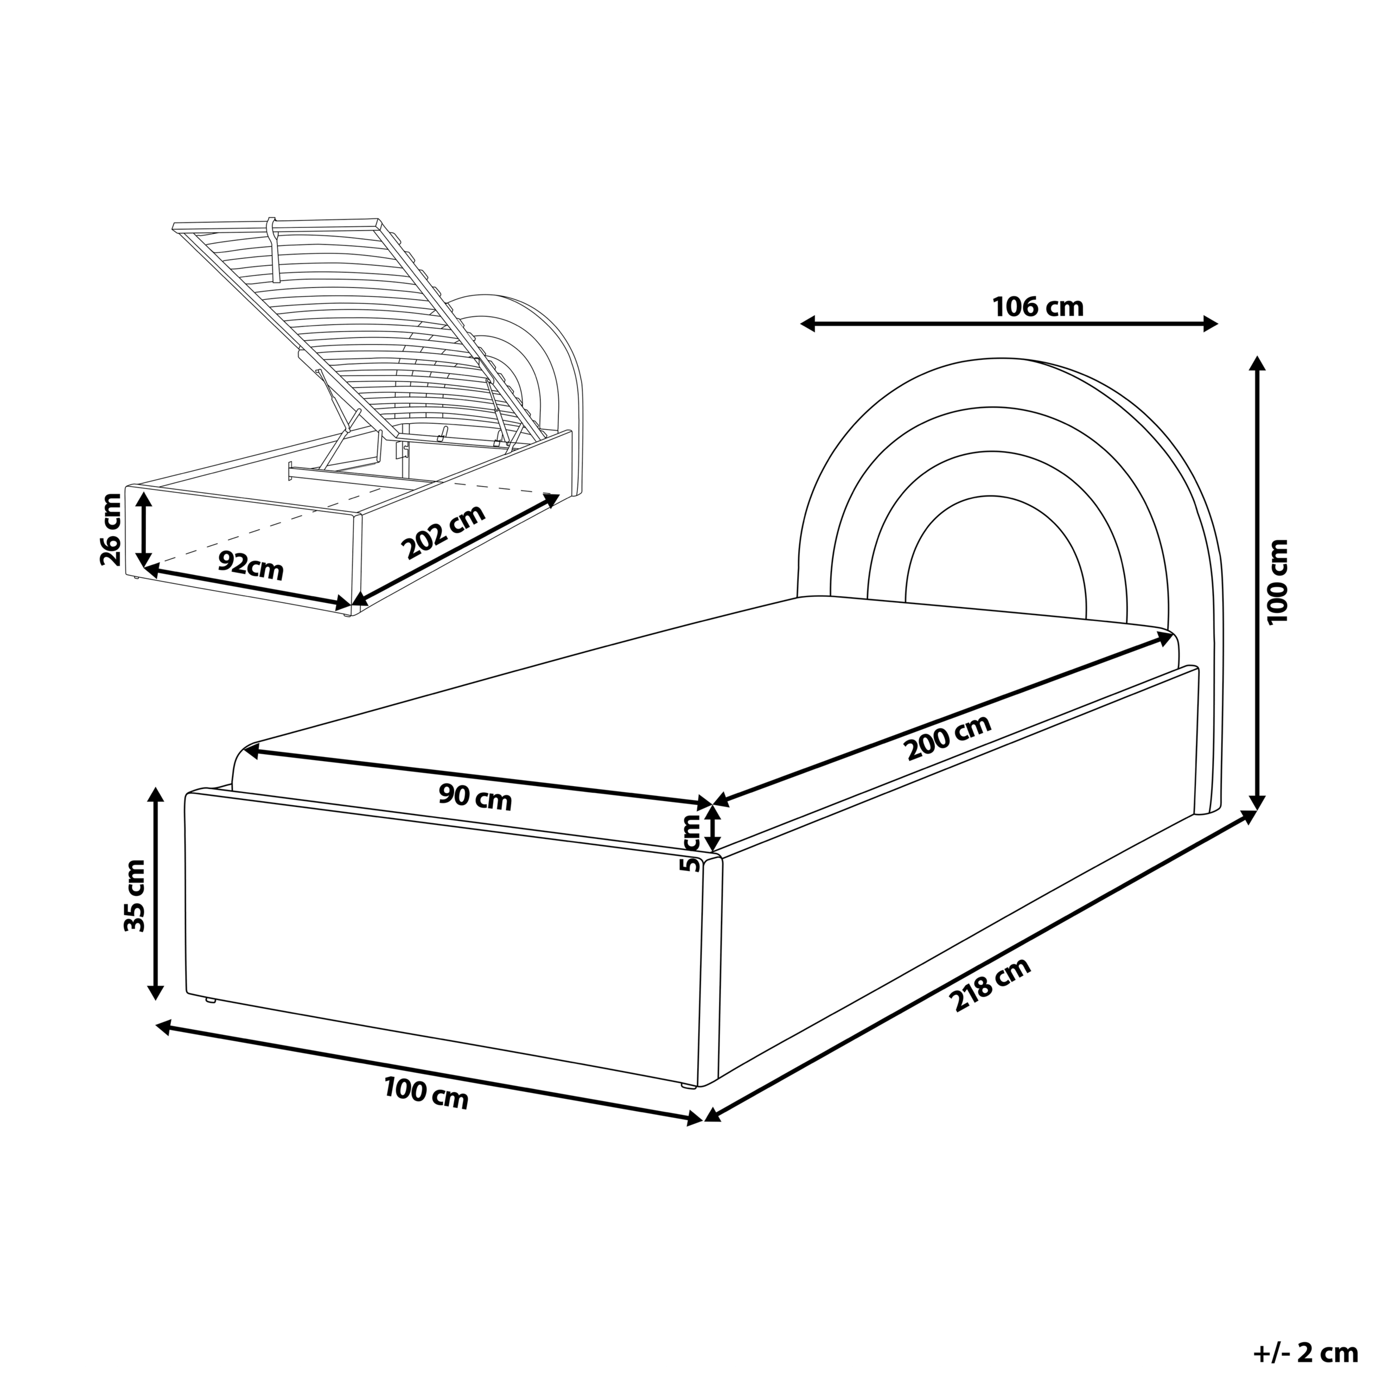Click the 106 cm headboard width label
pos(1037,307)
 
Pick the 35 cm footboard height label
pos(135,896)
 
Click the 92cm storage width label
pos(250,566)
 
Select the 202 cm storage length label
pos(444,532)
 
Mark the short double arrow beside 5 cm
pos(712,827)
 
